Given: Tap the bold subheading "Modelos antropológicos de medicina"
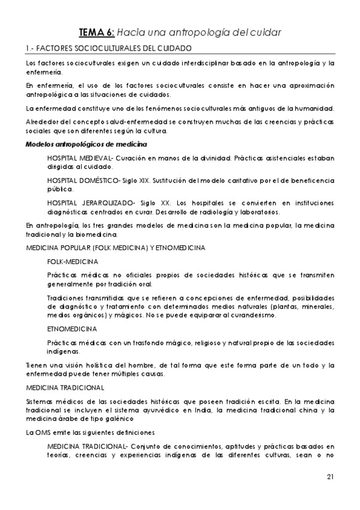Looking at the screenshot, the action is (87, 144).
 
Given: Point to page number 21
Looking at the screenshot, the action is (330, 478).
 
